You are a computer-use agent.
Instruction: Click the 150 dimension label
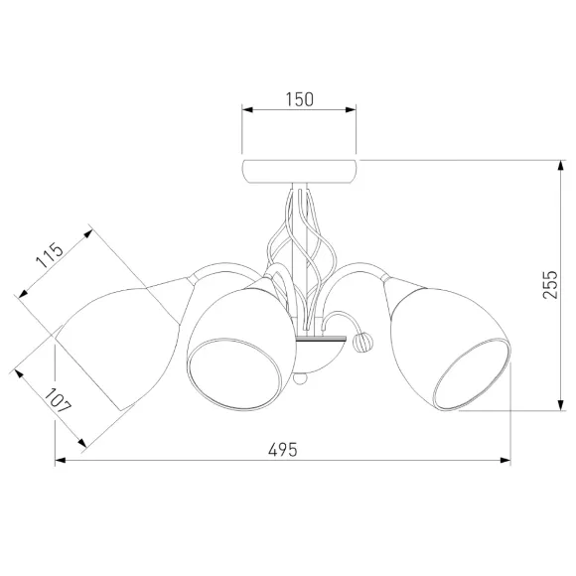[299, 99]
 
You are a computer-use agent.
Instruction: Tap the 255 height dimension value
[550, 285]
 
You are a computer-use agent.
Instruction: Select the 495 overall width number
[282, 450]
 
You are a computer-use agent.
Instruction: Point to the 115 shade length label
[50, 255]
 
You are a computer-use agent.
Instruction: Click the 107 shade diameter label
[58, 401]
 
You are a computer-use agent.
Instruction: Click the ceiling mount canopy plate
[299, 172]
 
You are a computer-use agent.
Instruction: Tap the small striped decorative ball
[362, 342]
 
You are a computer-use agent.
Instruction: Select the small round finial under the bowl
[300, 378]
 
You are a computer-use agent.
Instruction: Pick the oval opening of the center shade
[235, 374]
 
